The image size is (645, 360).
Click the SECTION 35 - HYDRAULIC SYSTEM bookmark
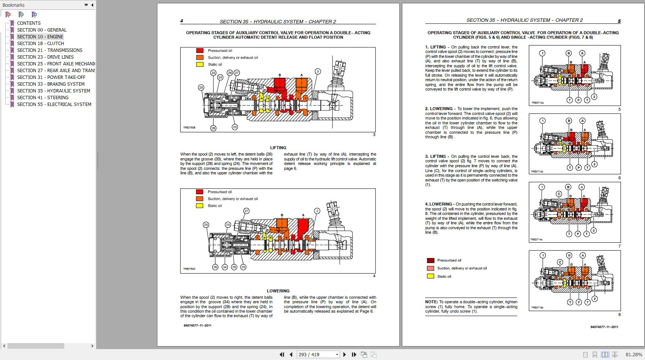(x=53, y=91)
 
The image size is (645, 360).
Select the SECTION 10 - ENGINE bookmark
(x=40, y=36)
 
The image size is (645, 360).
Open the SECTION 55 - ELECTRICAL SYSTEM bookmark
(x=54, y=104)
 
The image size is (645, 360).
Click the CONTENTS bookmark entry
(x=29, y=23)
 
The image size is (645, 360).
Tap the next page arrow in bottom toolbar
(x=344, y=354)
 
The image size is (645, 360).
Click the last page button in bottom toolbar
(x=354, y=354)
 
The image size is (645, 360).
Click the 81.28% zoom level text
(x=634, y=354)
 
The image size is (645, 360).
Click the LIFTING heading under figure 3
(x=278, y=148)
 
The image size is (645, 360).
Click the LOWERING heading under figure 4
(x=278, y=291)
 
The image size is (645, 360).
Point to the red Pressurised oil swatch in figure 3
(x=200, y=51)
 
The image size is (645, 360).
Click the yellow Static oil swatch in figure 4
(x=200, y=206)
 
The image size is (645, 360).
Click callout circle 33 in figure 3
(x=213, y=73)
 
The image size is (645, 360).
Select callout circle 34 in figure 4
(x=225, y=267)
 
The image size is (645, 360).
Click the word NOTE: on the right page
(x=431, y=302)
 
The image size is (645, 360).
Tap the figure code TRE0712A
(x=537, y=103)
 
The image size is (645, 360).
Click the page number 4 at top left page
(x=182, y=21)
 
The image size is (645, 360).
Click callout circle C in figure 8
(x=560, y=262)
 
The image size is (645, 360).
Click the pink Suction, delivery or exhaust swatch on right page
(x=431, y=268)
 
